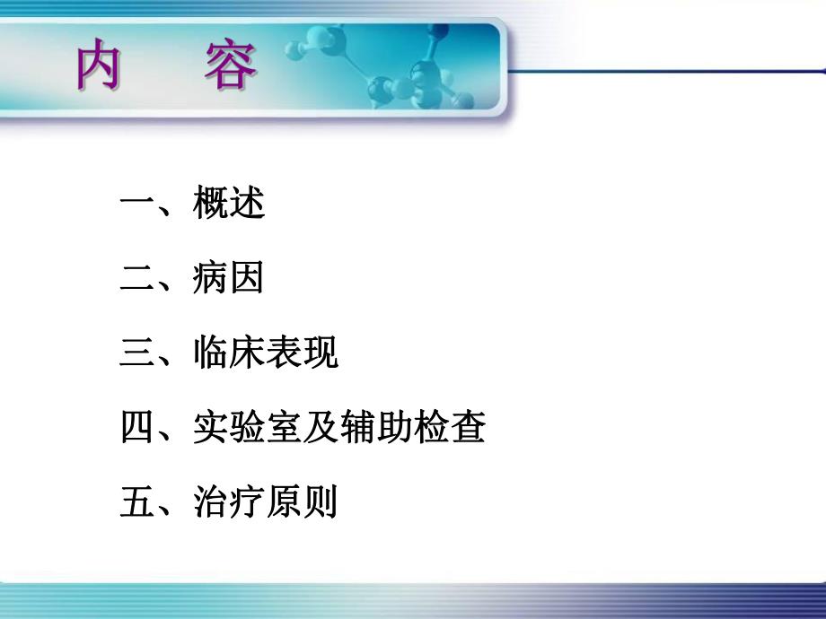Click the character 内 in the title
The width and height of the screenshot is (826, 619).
(x=98, y=68)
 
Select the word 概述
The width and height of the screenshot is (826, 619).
(x=229, y=205)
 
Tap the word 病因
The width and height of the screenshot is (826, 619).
(x=229, y=280)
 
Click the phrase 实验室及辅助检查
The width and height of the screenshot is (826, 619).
(x=339, y=428)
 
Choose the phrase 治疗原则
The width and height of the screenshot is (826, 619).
(x=266, y=502)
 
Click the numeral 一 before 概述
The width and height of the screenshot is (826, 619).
(x=137, y=205)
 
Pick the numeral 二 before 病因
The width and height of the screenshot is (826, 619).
(x=137, y=280)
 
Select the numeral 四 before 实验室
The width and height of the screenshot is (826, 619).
(x=137, y=428)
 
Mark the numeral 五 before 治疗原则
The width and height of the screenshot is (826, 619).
(x=137, y=502)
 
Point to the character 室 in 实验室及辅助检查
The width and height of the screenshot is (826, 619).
(x=284, y=428)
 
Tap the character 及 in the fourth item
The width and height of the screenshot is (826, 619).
(x=321, y=428)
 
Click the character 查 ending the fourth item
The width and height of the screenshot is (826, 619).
(x=468, y=428)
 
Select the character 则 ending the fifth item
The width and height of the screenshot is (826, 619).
(x=321, y=502)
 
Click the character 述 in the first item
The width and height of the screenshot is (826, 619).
(x=247, y=205)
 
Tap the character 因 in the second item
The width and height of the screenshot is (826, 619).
(x=247, y=280)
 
